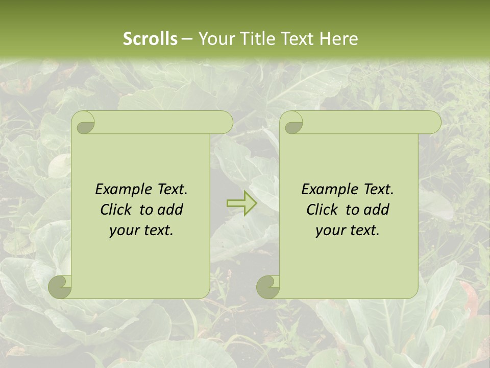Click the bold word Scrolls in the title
(x=151, y=39)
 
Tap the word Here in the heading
(x=339, y=39)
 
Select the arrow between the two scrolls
(x=242, y=203)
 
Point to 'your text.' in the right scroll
(x=348, y=230)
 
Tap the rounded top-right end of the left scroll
(x=225, y=123)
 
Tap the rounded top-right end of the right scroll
(x=433, y=123)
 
